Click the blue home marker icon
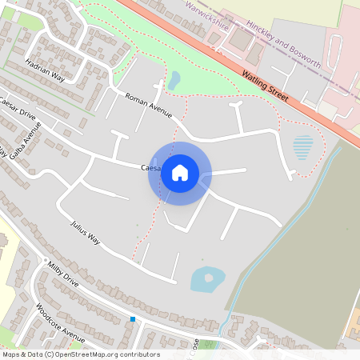[x=180, y=172]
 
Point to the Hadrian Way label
[x=45, y=70]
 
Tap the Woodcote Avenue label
[x=60, y=322]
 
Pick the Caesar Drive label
[x=18, y=114]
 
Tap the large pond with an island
[x=207, y=279]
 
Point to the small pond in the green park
[x=174, y=80]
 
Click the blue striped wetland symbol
[x=303, y=147]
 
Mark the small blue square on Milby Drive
[x=133, y=319]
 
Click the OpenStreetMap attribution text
[x=81, y=354]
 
